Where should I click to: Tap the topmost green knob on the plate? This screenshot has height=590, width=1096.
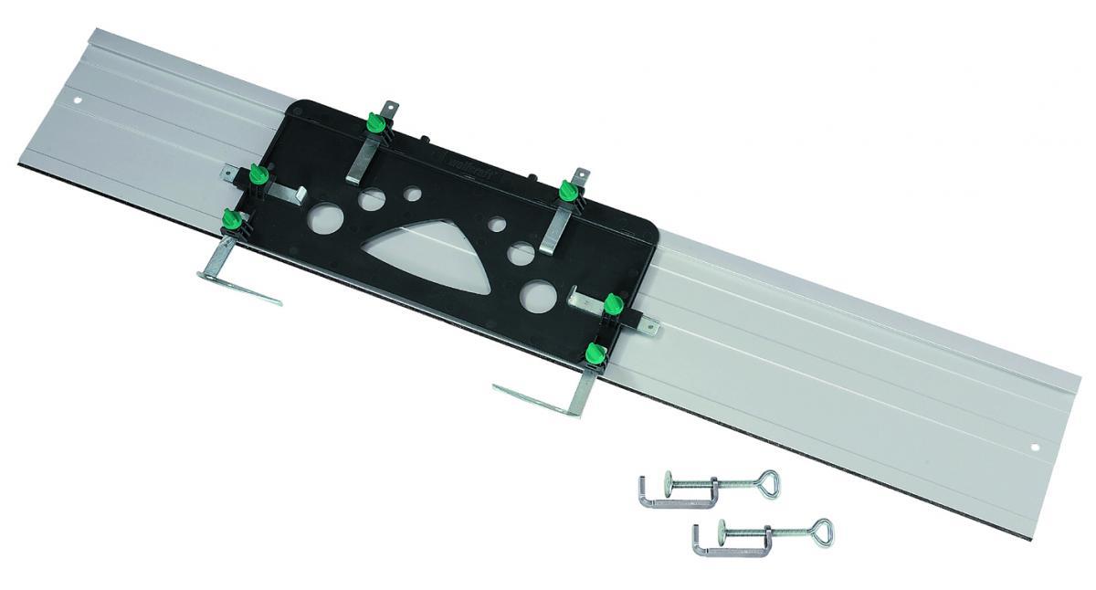pos(374,121)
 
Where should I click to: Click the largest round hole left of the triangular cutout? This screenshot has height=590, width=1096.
pos(323,218)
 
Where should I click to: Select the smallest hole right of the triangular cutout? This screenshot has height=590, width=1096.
pos(497,223)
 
